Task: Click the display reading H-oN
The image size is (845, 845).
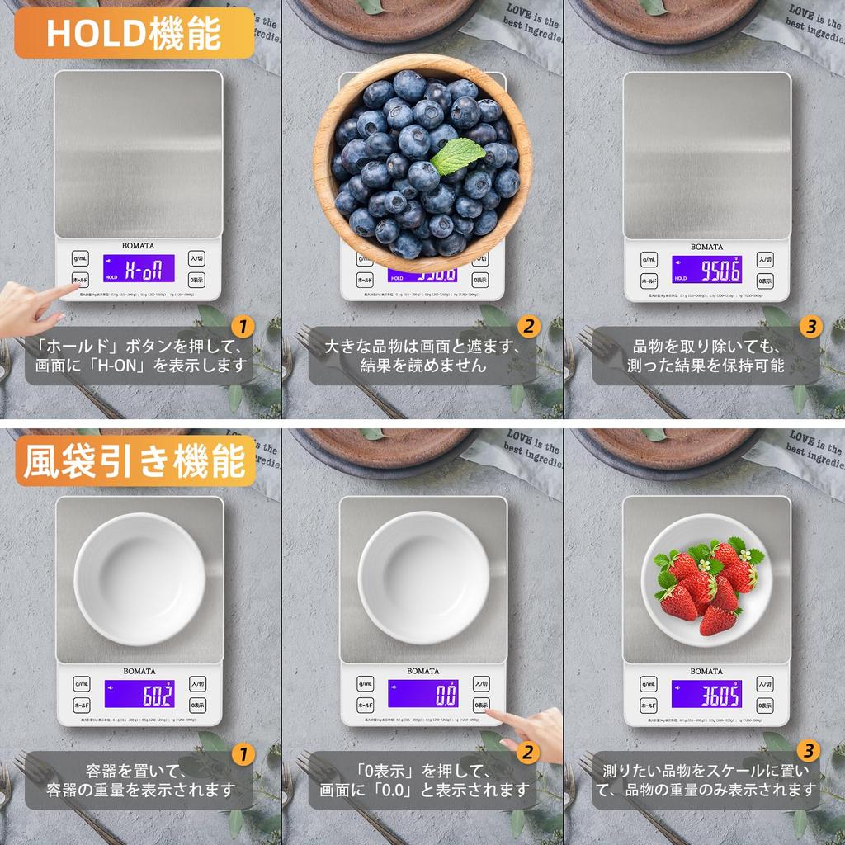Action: [138, 268]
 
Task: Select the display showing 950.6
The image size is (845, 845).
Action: [706, 269]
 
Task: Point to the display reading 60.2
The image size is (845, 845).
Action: [139, 694]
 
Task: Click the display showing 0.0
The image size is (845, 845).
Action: [423, 694]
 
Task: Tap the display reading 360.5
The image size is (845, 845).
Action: [706, 694]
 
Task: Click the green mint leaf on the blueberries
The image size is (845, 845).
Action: [457, 156]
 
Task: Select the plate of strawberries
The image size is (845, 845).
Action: [707, 579]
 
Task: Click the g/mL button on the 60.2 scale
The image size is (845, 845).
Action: [81, 684]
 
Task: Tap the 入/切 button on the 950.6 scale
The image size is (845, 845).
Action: [765, 258]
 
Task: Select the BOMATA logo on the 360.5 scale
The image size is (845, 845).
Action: [706, 671]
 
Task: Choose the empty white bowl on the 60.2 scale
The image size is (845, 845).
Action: [139, 578]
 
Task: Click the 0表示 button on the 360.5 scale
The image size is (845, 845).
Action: [765, 706]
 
